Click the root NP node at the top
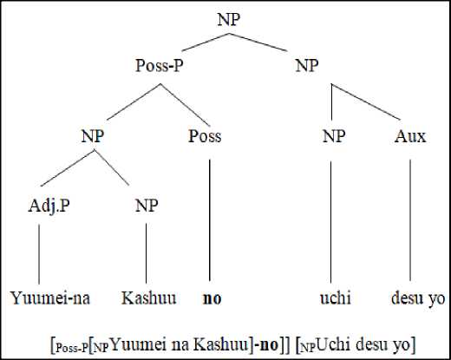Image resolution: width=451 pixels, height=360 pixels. tap(229, 19)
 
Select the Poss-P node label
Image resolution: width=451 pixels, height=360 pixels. tap(160, 65)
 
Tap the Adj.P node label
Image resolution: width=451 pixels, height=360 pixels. tap(49, 206)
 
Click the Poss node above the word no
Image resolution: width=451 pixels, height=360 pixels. tap(205, 136)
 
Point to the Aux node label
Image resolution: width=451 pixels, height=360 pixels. tap(410, 136)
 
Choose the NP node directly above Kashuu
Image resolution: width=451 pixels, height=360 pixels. tap(147, 206)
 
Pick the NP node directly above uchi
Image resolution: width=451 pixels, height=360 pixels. tap(334, 136)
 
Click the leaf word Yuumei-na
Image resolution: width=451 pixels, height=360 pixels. tap(50, 298)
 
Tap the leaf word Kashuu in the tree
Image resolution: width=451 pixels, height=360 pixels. tap(148, 298)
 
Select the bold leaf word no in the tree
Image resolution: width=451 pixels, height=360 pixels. tap(212, 298)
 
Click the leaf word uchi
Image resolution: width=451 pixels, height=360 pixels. tap(336, 298)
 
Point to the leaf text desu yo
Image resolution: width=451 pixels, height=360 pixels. tap(418, 298)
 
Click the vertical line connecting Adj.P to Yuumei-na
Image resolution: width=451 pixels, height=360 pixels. tap(39, 254)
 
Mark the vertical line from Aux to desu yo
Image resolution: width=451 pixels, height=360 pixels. tap(410, 220)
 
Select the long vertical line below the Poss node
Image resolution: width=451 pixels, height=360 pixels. tap(210, 220)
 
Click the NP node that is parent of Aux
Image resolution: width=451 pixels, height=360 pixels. tap(307, 65)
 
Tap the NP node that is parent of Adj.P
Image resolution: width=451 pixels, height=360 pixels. tap(93, 136)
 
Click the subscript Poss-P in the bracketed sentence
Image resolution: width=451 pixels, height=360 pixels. tap(71, 348)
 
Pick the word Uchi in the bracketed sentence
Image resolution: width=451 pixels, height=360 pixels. tap(334, 344)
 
